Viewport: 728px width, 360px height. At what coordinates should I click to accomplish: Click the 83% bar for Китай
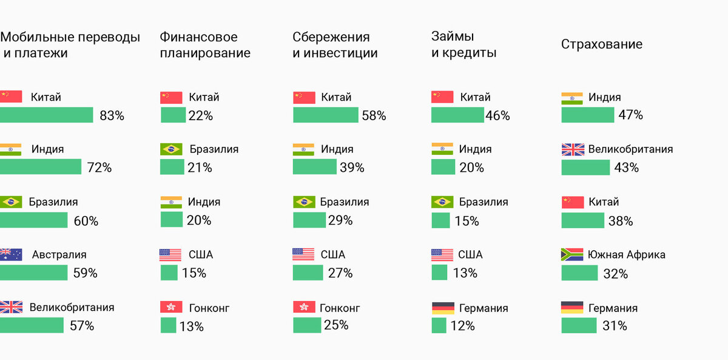click(46, 115)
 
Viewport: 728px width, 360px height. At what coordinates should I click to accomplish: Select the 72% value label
click(99, 168)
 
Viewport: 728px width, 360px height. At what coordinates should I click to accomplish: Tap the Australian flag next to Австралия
click(11, 255)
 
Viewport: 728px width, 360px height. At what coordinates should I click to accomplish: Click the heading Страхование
click(601, 44)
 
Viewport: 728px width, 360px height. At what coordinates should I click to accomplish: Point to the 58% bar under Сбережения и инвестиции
click(326, 115)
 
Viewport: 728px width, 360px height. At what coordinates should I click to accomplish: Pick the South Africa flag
click(572, 255)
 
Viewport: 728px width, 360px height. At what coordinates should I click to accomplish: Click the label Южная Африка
click(627, 254)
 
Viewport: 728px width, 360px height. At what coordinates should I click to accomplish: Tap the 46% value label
click(497, 116)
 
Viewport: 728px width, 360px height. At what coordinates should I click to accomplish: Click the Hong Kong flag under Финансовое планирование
click(170, 308)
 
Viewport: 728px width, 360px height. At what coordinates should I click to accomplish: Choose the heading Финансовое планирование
click(204, 45)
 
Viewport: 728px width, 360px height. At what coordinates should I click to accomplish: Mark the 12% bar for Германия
click(439, 326)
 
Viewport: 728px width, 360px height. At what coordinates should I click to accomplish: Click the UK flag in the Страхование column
click(572, 149)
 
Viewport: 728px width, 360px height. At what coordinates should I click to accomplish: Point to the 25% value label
click(336, 325)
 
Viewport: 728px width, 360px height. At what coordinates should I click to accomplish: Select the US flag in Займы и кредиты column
click(442, 255)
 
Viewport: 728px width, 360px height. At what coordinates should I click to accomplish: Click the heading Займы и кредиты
click(463, 45)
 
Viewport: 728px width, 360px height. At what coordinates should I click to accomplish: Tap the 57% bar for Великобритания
click(32, 325)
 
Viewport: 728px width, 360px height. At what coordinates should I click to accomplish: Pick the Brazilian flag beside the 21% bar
click(171, 149)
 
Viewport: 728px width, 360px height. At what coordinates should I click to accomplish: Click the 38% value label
click(621, 221)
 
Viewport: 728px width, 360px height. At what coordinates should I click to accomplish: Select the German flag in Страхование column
click(572, 308)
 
